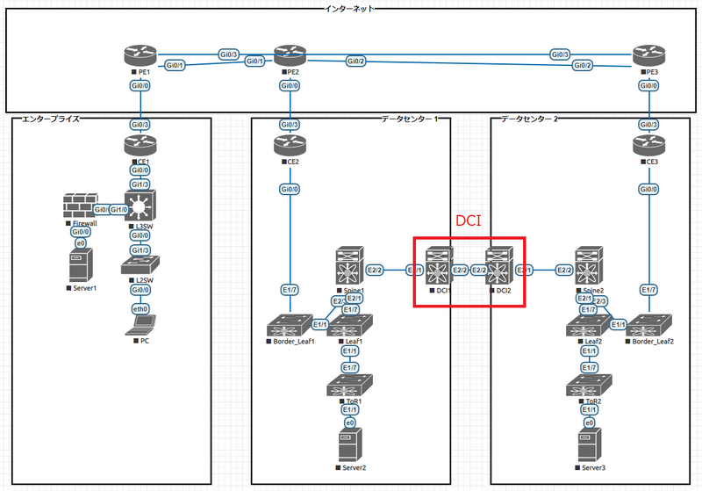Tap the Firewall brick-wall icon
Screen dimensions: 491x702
[80, 207]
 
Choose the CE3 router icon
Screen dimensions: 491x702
[648, 143]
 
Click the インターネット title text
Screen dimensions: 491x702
[350, 8]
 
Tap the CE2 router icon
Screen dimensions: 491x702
[288, 143]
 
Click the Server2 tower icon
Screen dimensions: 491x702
[349, 445]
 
